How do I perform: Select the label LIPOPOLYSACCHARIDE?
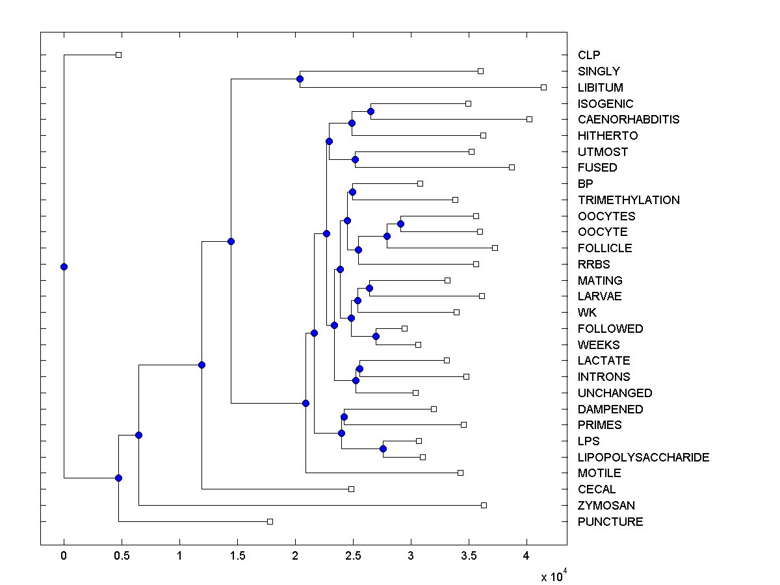click(643, 458)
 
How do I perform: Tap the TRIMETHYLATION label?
click(628, 200)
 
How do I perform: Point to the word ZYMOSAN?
click(606, 506)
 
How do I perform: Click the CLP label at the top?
click(588, 55)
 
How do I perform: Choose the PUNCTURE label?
click(610, 522)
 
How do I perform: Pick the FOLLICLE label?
click(604, 248)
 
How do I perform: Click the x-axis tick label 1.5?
click(237, 556)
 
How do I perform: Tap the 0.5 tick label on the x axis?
click(122, 556)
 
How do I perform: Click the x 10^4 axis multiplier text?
click(554, 576)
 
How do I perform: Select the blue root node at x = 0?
click(64, 266)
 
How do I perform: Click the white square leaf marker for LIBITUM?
click(544, 87)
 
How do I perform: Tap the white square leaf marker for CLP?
click(118, 55)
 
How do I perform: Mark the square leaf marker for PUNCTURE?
click(270, 521)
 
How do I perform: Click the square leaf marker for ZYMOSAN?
click(484, 505)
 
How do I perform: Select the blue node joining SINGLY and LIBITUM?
click(300, 79)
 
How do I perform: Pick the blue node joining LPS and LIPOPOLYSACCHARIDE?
click(383, 449)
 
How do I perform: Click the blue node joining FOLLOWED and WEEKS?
click(376, 336)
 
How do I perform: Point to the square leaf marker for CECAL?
click(351, 489)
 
